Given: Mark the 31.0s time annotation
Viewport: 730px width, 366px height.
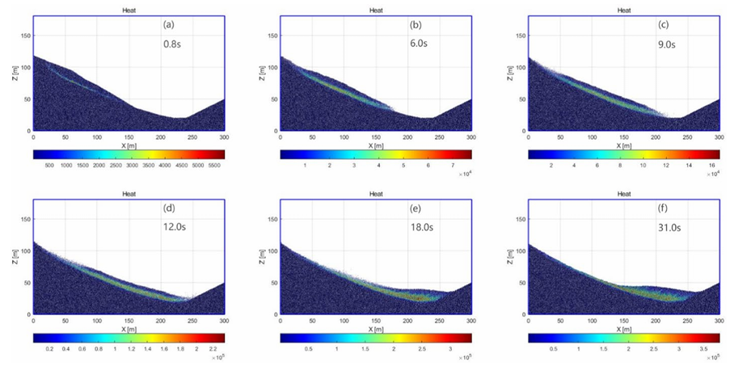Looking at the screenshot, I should (x=669, y=229).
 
